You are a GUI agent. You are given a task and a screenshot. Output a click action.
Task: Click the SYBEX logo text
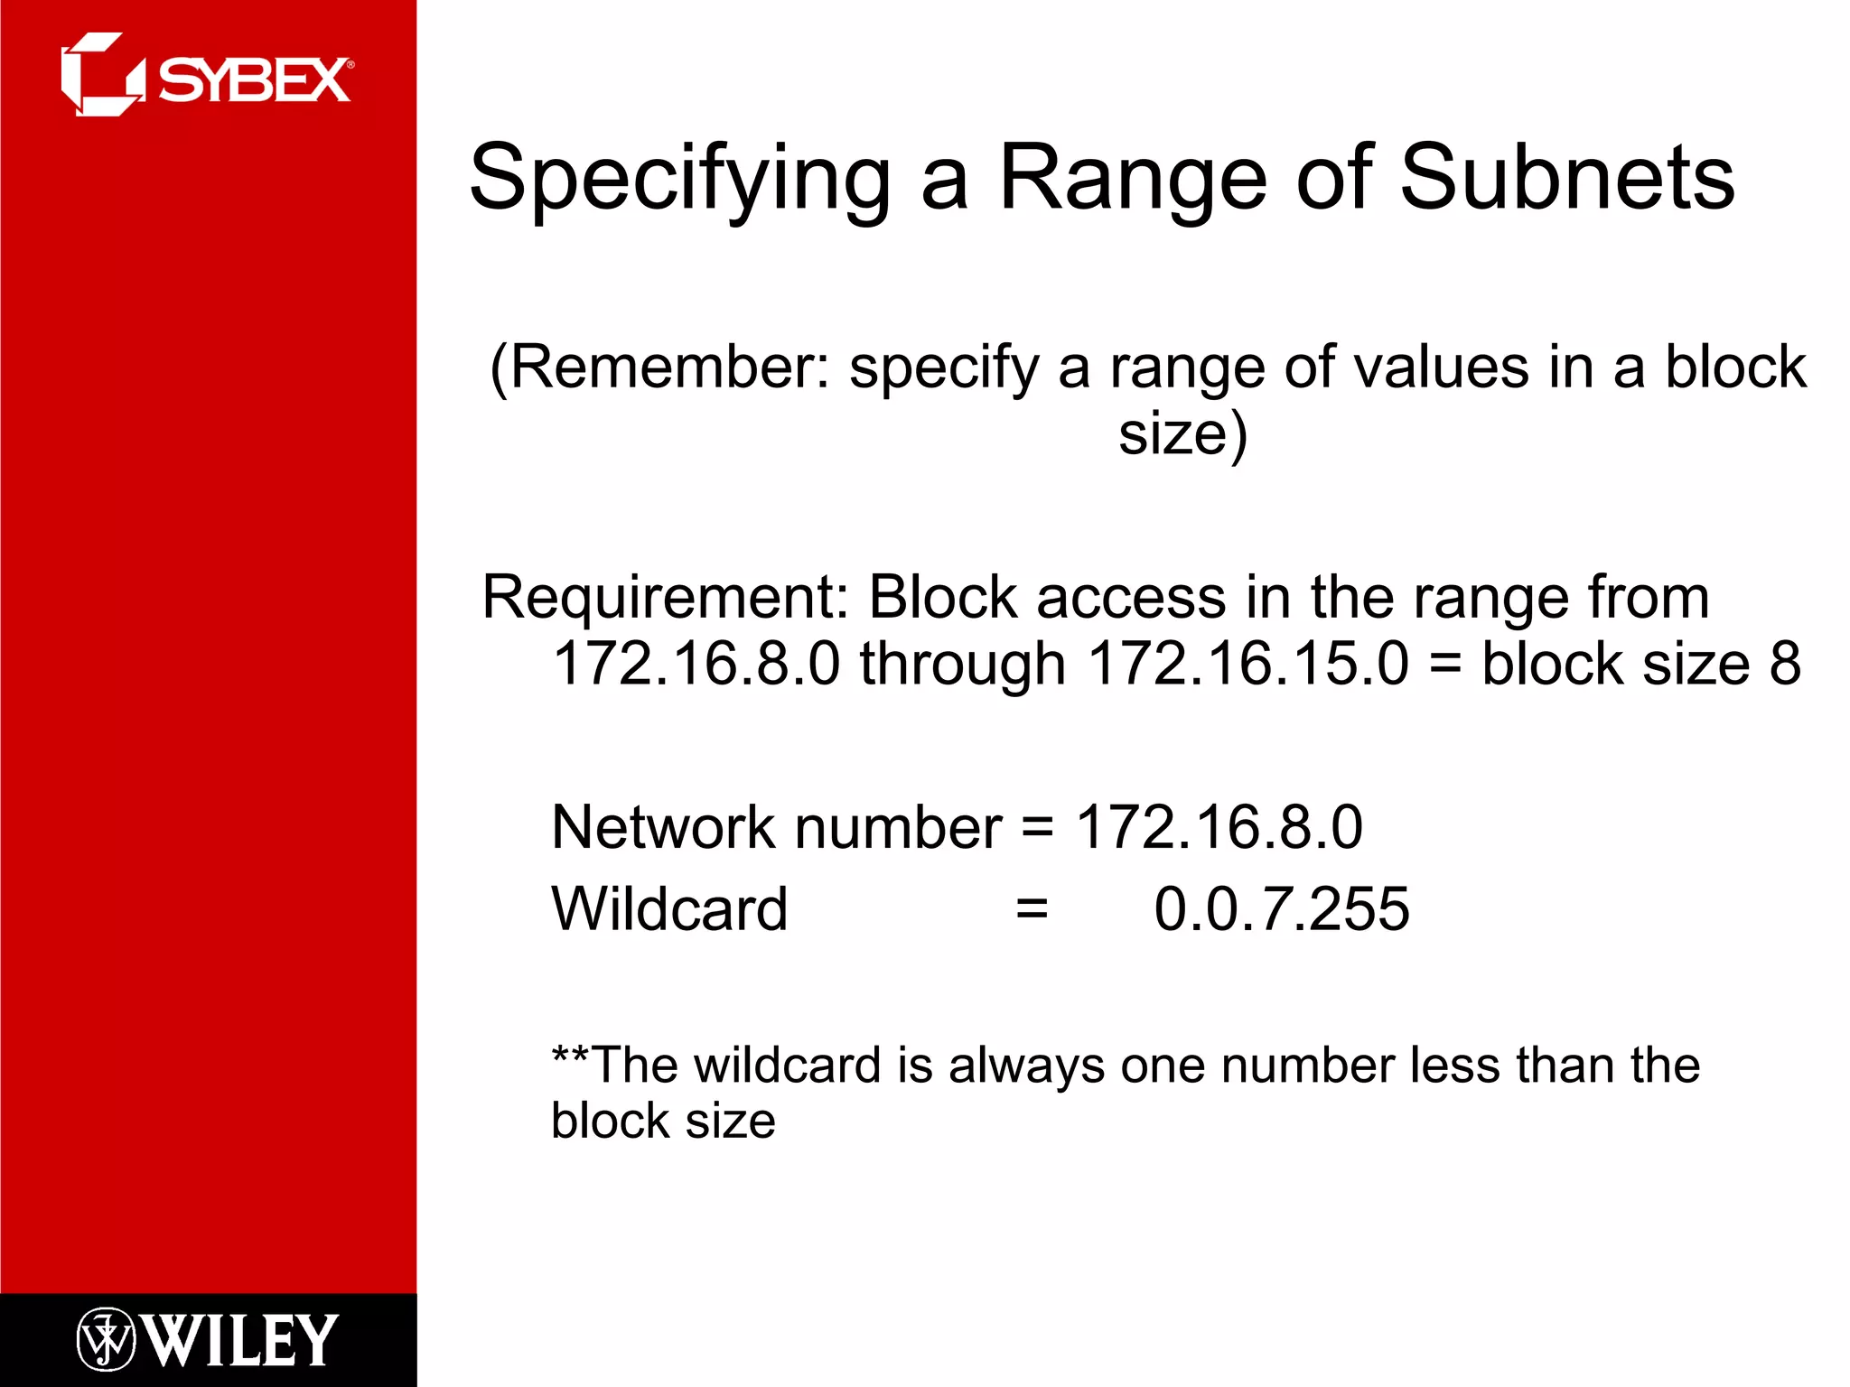(255, 80)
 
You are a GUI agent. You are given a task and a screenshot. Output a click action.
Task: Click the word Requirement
(665, 597)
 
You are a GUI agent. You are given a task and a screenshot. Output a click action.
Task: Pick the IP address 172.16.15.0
(1247, 664)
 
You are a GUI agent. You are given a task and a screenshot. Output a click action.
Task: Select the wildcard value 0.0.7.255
(1281, 908)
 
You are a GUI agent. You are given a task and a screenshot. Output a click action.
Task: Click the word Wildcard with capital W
(669, 908)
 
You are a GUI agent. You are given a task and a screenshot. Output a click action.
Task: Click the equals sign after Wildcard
(1032, 908)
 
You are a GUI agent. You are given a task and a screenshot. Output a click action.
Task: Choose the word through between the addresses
(962, 664)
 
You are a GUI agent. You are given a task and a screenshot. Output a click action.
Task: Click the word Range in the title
(1133, 178)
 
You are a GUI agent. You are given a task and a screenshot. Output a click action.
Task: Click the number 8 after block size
(1785, 664)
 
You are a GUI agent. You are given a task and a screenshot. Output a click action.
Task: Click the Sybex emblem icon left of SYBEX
(102, 75)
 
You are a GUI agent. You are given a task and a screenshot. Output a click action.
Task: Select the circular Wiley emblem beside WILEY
(106, 1339)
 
